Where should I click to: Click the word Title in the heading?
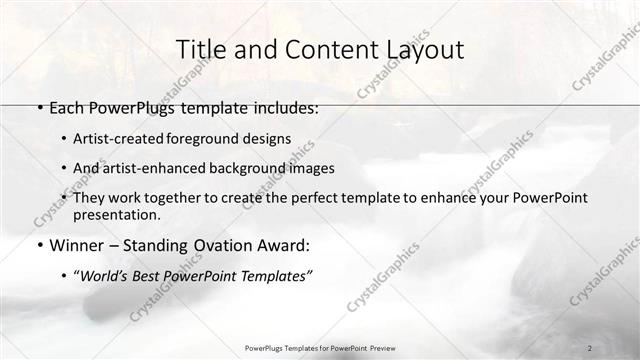pos(199,50)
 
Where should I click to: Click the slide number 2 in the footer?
pos(590,347)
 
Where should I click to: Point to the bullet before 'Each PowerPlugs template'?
pos(38,108)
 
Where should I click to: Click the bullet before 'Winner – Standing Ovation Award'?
pos(38,245)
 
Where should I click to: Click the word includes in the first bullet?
pos(283,108)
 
